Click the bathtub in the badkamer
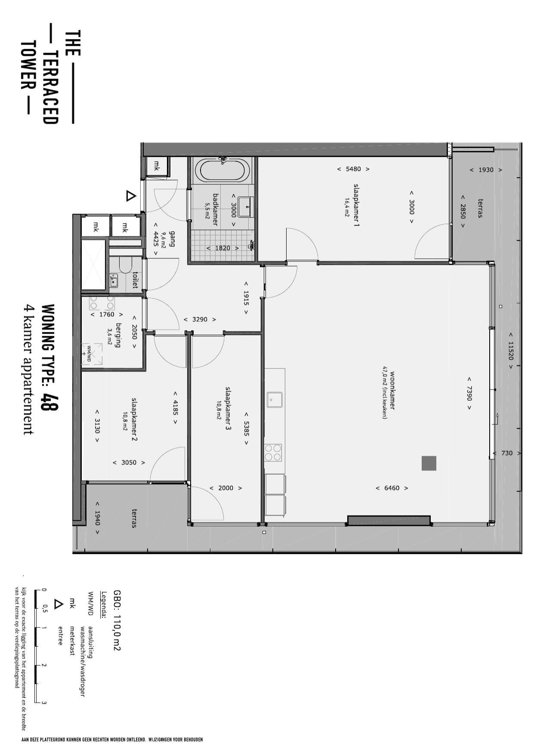click(222, 171)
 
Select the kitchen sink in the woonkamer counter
click(274, 399)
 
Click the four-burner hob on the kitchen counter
click(273, 452)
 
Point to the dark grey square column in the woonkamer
click(429, 463)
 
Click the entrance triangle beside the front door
click(131, 196)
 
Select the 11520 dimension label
click(511, 350)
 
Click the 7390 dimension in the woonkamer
click(469, 393)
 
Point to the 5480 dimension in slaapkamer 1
click(353, 169)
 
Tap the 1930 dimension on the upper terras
click(486, 170)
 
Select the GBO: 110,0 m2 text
click(117, 620)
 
